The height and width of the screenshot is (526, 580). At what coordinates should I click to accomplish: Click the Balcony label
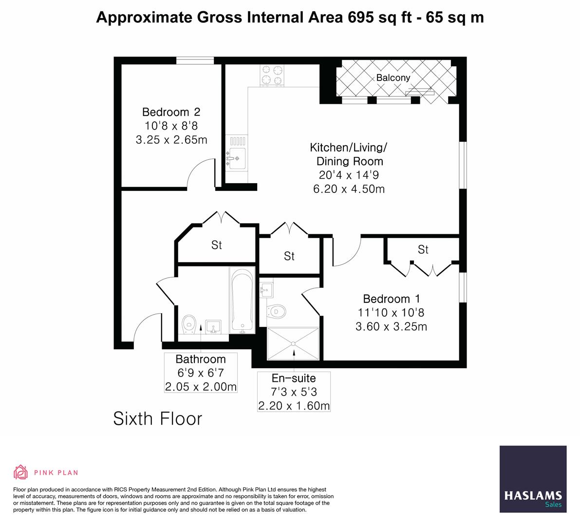393,77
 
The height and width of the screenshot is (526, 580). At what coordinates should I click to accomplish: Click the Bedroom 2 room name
171,112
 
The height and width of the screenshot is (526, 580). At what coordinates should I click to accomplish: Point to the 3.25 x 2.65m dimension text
171,140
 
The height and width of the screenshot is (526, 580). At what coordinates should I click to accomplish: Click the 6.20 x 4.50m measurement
349,189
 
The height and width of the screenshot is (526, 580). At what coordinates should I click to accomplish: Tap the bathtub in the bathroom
242,301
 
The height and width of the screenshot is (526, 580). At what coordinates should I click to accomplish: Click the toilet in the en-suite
278,310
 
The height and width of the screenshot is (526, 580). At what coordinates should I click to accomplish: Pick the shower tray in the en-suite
293,344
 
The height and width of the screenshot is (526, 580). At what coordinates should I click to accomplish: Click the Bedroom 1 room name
391,299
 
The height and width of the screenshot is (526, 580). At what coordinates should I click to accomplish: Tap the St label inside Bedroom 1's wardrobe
423,249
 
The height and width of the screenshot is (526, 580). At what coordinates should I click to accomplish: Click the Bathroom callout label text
201,359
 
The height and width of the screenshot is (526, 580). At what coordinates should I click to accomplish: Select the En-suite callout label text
293,378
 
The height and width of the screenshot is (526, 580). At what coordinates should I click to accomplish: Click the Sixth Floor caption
157,418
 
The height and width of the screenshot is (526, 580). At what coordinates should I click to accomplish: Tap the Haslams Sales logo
533,479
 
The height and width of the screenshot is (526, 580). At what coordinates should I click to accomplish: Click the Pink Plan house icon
21,472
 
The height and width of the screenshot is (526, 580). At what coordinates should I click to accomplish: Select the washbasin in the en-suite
266,291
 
